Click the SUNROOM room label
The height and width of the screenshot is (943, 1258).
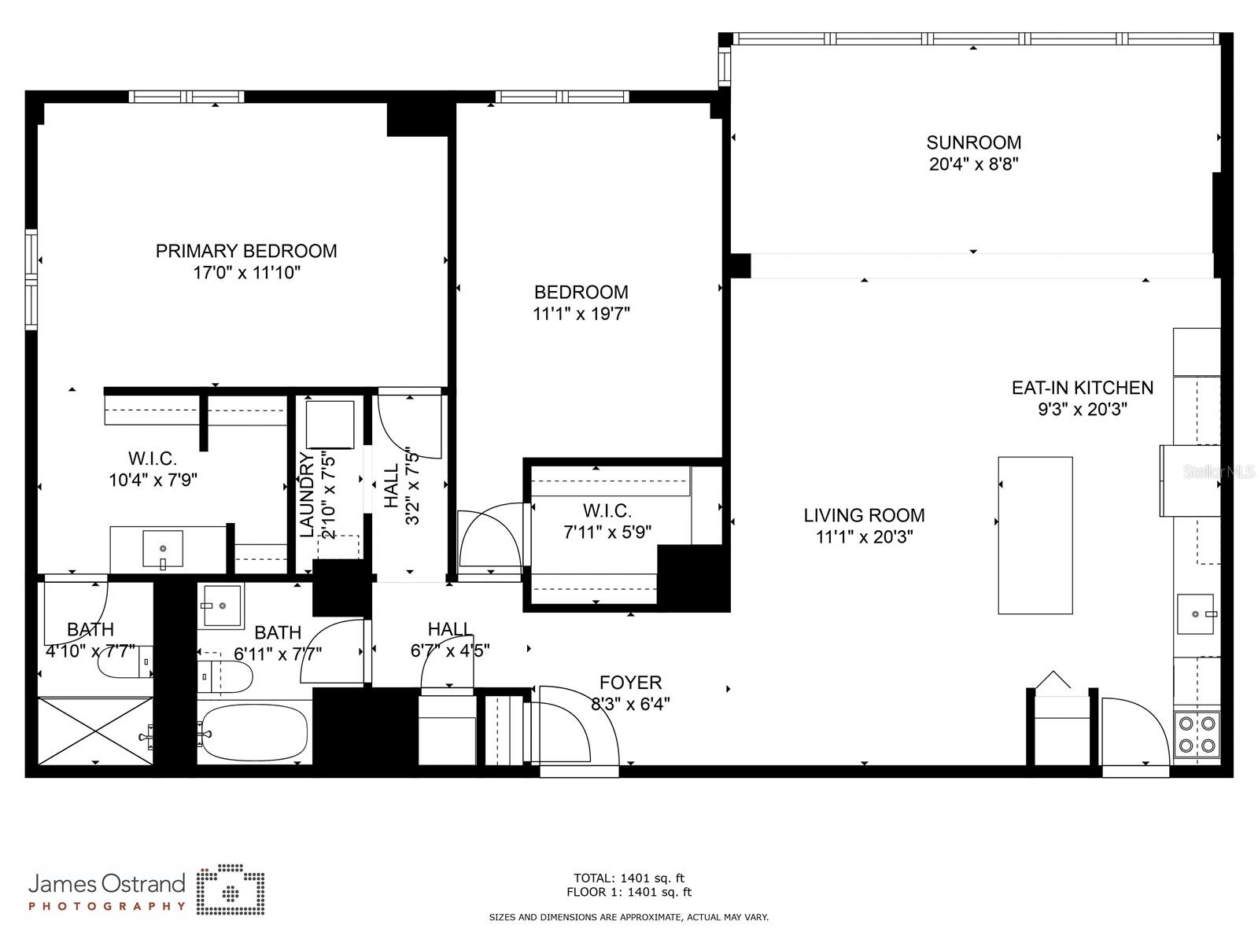[973, 142]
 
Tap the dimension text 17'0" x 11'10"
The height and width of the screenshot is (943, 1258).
[246, 273]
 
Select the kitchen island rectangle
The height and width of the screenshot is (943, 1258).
[1035, 535]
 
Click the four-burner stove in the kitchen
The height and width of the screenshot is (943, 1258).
[1197, 735]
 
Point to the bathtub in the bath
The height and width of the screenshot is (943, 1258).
[253, 732]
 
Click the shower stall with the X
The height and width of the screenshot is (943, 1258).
[94, 731]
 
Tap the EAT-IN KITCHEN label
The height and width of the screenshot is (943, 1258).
[1082, 387]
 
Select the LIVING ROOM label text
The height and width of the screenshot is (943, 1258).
[864, 515]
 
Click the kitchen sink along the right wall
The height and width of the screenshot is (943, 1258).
[1196, 613]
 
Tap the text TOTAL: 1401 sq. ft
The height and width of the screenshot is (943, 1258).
[629, 878]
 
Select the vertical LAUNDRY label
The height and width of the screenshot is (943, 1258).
[307, 494]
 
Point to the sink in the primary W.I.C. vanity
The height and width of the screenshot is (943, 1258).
[163, 548]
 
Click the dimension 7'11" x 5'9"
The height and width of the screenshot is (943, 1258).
[607, 532]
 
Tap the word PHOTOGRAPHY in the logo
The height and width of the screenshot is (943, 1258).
[107, 906]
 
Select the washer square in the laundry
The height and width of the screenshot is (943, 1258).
[330, 425]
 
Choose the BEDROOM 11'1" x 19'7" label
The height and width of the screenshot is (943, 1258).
[581, 303]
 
